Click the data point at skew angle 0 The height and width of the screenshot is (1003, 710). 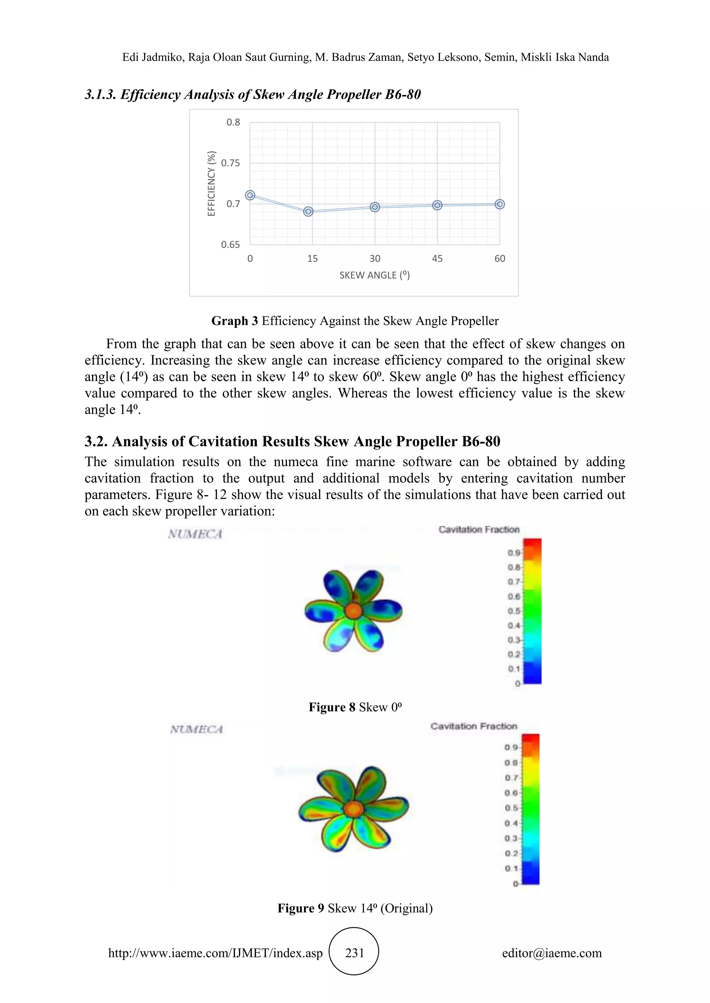(x=250, y=195)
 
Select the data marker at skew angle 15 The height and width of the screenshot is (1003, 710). (x=308, y=211)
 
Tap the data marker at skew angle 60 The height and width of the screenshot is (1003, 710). (x=500, y=204)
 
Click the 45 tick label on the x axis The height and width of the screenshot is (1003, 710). (x=437, y=259)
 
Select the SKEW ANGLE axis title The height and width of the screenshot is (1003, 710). (x=375, y=275)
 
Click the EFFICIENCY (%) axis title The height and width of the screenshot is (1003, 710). (x=211, y=184)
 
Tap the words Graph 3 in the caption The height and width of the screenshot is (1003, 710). (x=235, y=321)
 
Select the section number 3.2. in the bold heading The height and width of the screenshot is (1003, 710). (x=96, y=442)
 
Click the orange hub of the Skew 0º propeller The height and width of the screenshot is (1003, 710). (x=353, y=610)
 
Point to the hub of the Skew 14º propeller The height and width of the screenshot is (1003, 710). (x=353, y=809)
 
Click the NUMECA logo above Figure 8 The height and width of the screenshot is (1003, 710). (x=196, y=534)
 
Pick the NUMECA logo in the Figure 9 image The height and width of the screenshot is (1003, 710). (x=197, y=729)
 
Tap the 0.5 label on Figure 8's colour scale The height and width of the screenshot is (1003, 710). (x=514, y=611)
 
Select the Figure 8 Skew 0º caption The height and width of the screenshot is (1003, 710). (x=355, y=707)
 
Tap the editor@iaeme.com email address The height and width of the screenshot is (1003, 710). (x=552, y=953)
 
